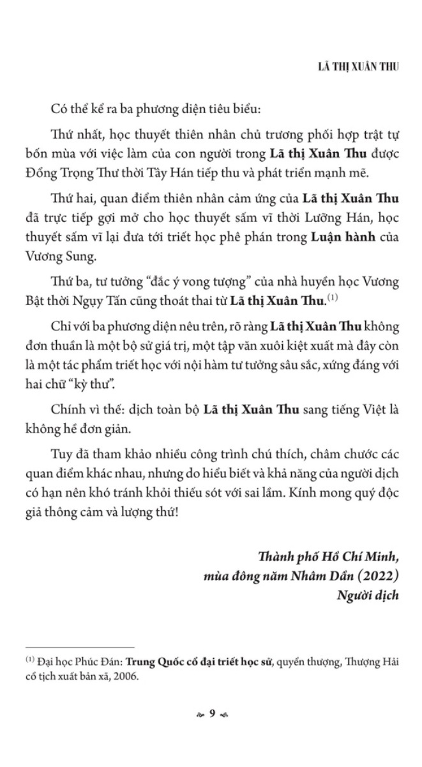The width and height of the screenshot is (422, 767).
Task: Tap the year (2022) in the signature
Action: click(376, 577)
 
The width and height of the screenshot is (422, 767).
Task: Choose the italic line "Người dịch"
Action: click(368, 596)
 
